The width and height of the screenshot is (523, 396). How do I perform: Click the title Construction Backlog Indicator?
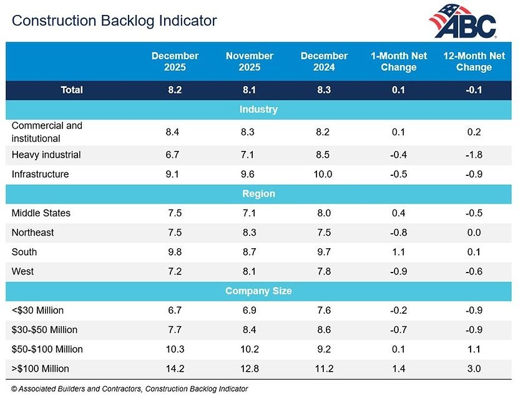pyautogui.click(x=115, y=21)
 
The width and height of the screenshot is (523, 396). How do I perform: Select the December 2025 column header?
pyautogui.click(x=175, y=61)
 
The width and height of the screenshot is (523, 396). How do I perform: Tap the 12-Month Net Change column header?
pyautogui.click(x=474, y=61)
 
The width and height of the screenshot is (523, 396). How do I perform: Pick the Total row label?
pyautogui.click(x=72, y=90)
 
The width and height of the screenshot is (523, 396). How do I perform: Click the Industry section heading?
pyautogui.click(x=258, y=109)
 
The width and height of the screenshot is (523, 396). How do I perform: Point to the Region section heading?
pyautogui.click(x=258, y=193)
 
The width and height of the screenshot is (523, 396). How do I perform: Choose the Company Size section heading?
pyautogui.click(x=258, y=291)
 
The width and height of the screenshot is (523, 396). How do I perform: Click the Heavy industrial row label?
pyautogui.click(x=46, y=155)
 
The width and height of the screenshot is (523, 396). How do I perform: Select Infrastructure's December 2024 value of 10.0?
pyautogui.click(x=324, y=174)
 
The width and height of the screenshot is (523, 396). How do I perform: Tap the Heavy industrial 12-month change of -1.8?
pyautogui.click(x=474, y=155)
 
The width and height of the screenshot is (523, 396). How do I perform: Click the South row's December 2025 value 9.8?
pyautogui.click(x=175, y=252)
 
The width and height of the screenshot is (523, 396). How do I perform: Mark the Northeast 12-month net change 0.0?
pyautogui.click(x=474, y=233)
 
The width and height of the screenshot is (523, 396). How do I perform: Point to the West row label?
pyautogui.click(x=23, y=271)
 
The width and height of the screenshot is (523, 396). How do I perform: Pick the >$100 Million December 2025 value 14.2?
pyautogui.click(x=175, y=369)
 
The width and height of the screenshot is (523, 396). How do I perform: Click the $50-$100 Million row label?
pyautogui.click(x=47, y=349)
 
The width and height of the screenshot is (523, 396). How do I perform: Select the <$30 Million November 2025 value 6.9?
pyautogui.click(x=250, y=310)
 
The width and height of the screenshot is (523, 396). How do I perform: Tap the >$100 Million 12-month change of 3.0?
pyautogui.click(x=474, y=369)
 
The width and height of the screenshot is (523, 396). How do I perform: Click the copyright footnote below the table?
pyautogui.click(x=130, y=389)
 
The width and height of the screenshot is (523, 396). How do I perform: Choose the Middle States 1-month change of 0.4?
pyautogui.click(x=399, y=213)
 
